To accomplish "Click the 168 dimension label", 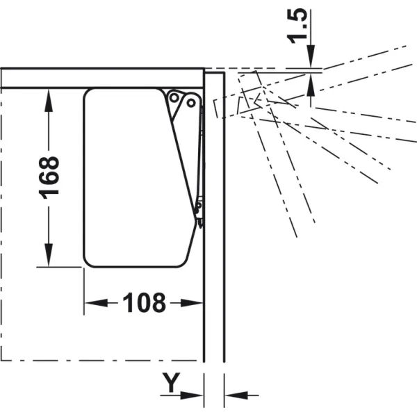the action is coord(49,178).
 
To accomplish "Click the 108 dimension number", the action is coord(145,302).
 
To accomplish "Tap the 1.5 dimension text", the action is coord(297,26).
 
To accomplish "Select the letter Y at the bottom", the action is coord(172,382).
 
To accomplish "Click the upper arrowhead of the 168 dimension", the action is coord(49,101).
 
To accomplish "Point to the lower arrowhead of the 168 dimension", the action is coord(49,255).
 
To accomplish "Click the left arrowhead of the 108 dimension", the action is coord(97,302).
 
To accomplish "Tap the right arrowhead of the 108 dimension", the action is coord(192,302).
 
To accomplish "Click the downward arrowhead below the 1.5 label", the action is coord(311,56).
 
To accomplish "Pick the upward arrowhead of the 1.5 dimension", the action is coord(311,85).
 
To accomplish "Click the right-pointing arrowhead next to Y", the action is coord(192,395).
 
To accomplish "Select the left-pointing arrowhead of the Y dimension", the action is coord(236,395).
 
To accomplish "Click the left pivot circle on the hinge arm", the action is coord(174,98).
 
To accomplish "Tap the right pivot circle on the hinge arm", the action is coord(191,103).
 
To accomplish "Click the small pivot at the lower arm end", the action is coord(198,205).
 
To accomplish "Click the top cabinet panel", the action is coord(103,78).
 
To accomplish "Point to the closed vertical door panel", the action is coord(214,217).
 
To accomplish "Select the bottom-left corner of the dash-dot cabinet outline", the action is coord(1,361).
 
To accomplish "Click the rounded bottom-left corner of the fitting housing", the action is coord(88,262).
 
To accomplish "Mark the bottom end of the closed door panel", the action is coord(214,361).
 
